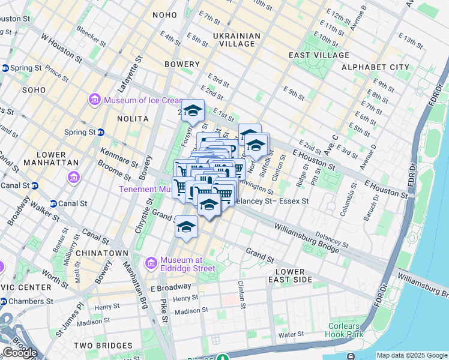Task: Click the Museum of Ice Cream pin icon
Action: point(94,100)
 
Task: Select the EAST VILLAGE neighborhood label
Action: point(319,55)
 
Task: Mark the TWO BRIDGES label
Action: point(103,346)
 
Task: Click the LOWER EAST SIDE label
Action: point(291,276)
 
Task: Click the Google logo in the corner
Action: point(20,353)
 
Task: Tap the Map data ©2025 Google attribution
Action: point(411,355)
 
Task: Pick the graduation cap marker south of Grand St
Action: point(186,227)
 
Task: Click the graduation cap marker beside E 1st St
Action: point(193,110)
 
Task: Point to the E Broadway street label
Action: point(171,287)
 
